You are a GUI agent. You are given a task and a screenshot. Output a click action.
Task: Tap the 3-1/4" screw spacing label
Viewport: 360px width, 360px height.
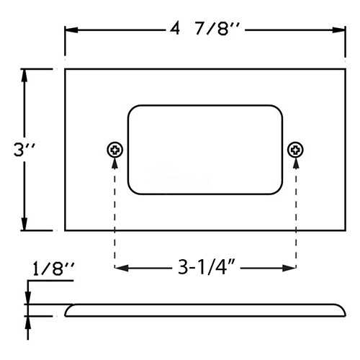[x=205, y=268]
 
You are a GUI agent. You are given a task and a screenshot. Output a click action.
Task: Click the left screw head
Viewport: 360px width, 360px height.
[x=115, y=150]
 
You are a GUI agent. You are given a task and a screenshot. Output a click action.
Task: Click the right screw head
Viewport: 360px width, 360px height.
[x=295, y=150]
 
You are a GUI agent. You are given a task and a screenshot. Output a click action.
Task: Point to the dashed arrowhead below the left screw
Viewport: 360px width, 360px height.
[x=115, y=163]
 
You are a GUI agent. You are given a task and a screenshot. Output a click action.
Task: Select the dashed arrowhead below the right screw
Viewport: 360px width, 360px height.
[x=295, y=163]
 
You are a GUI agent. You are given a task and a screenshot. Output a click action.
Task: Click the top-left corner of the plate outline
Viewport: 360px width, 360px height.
[x=66, y=69]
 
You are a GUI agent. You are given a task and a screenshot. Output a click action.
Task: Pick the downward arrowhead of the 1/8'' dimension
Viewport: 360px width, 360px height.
[x=28, y=300]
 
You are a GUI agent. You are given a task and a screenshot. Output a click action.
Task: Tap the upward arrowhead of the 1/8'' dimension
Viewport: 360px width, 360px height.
[x=28, y=320]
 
